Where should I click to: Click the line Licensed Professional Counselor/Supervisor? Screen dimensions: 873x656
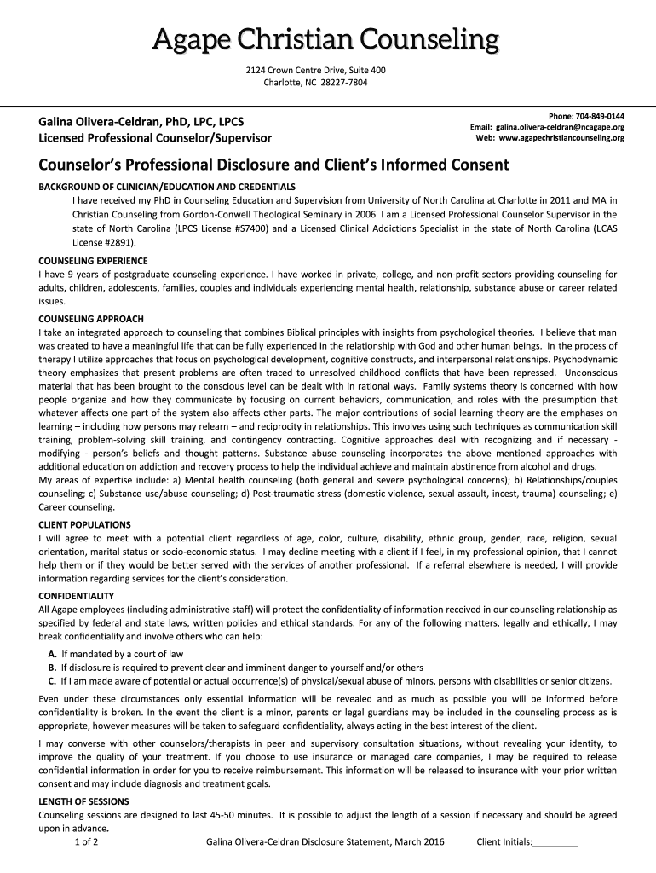[x=155, y=137]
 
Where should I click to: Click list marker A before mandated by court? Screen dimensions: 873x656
[x=53, y=654]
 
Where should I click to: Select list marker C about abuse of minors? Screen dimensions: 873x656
[x=53, y=682]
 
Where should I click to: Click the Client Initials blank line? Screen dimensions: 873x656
[x=555, y=844]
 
